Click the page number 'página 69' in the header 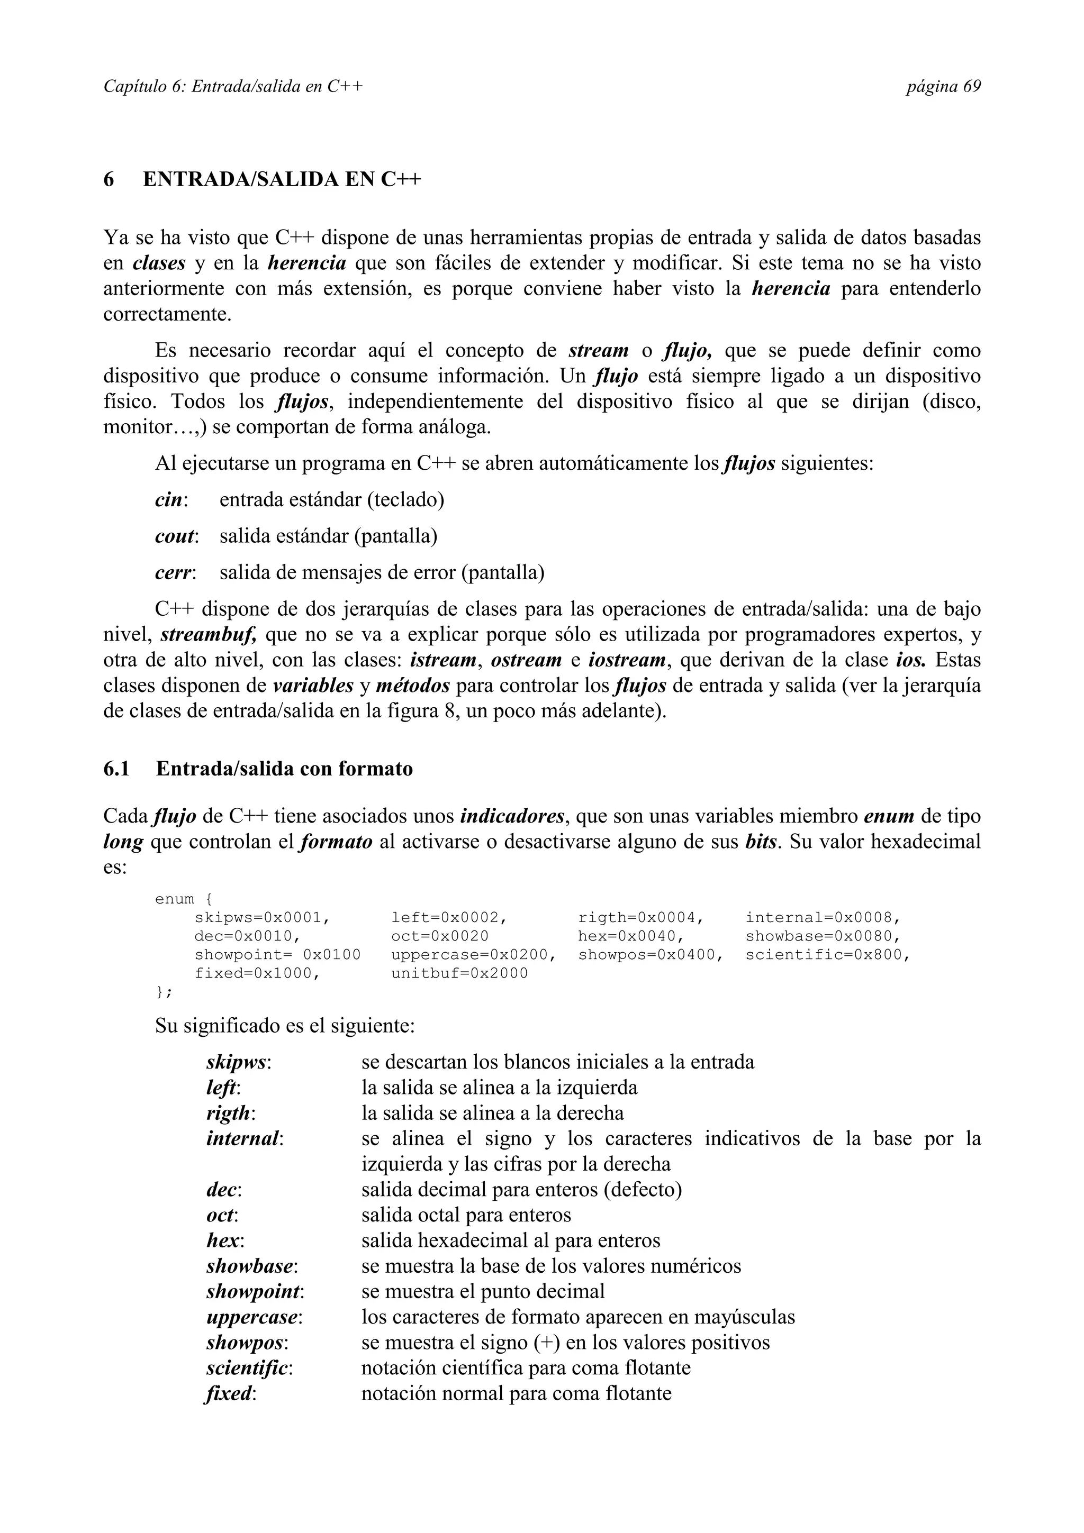point(943,87)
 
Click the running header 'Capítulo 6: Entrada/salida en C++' point(233,87)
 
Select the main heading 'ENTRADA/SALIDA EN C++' point(282,180)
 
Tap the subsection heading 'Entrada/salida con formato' point(285,769)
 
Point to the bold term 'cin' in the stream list point(169,499)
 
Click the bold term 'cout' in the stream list point(175,536)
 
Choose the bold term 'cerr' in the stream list point(173,572)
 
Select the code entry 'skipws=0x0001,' point(262,917)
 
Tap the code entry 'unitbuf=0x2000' point(459,973)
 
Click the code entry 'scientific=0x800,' point(827,955)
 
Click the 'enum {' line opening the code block point(183,899)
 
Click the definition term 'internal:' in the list point(245,1139)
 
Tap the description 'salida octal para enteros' point(466,1215)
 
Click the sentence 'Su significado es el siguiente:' point(285,1026)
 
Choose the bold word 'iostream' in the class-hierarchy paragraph point(627,660)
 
